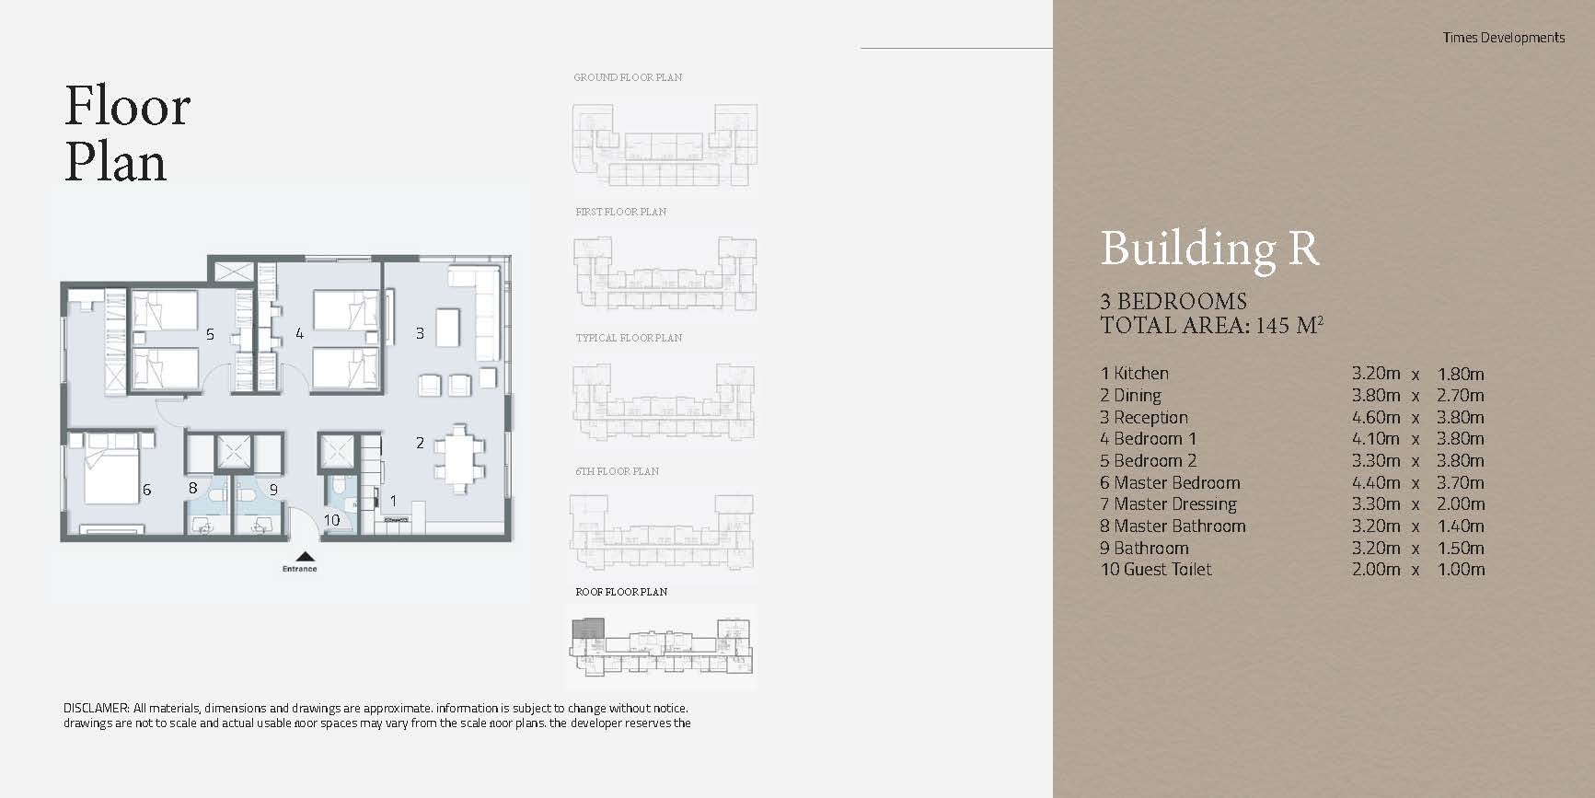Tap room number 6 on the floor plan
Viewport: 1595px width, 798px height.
tap(146, 490)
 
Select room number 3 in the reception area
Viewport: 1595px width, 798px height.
tap(420, 333)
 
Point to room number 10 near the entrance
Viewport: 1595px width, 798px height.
tap(331, 520)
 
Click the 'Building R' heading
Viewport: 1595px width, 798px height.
tap(1209, 249)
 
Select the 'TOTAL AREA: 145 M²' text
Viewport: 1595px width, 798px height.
tap(1211, 325)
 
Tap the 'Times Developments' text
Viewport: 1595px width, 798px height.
tap(1503, 38)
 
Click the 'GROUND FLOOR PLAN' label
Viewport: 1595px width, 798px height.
tap(628, 77)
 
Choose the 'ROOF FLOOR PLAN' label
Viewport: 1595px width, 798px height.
tap(621, 592)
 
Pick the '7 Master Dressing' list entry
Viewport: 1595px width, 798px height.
tap(1168, 504)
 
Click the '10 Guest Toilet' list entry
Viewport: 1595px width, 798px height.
tap(1156, 570)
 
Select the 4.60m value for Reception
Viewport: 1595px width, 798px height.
tap(1375, 417)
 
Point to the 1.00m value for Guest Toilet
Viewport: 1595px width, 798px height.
tap(1461, 570)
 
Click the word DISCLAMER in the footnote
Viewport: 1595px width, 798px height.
tap(96, 709)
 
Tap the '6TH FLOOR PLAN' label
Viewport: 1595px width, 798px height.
tap(617, 471)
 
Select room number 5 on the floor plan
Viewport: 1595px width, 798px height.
tap(210, 334)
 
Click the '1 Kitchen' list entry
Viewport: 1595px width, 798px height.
tap(1134, 374)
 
